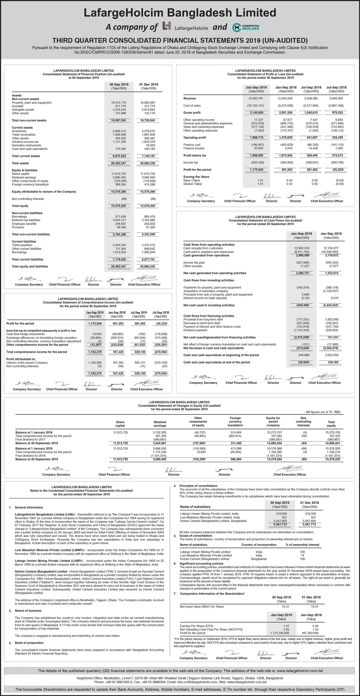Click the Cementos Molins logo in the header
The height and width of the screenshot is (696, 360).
click(x=246, y=27)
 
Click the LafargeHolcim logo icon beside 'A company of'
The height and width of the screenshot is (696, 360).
click(x=166, y=26)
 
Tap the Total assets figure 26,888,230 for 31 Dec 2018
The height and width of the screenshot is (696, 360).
click(x=148, y=163)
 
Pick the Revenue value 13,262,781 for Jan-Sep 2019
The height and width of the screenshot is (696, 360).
click(x=256, y=98)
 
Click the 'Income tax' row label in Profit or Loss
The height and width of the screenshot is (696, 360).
click(x=191, y=163)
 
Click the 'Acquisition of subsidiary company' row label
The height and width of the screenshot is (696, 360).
click(x=206, y=291)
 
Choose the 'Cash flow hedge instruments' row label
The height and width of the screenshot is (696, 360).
click(x=25, y=334)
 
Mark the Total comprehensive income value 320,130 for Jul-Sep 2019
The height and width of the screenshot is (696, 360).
click(x=140, y=352)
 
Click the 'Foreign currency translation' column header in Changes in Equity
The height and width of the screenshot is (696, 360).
click(x=235, y=422)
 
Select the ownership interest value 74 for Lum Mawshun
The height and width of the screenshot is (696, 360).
click(x=302, y=556)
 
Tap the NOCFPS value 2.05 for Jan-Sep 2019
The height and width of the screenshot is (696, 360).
click(x=286, y=629)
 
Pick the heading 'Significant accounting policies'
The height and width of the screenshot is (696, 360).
click(x=201, y=564)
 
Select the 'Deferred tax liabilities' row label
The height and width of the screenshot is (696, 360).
click(x=26, y=220)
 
